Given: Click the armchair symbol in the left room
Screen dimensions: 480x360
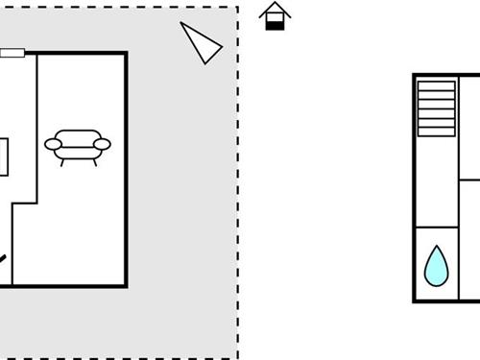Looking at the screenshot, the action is (x=78, y=145).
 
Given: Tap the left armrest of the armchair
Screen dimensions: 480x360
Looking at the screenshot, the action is (x=53, y=145).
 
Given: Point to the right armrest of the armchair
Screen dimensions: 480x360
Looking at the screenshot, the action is (x=102, y=145).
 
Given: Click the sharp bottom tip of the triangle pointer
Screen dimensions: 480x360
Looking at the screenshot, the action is (x=206, y=62).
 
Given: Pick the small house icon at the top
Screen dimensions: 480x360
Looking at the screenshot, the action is (x=276, y=16).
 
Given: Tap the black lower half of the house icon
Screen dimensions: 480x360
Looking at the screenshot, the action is (x=276, y=24).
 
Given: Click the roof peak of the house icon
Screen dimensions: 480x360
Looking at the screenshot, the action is (x=276, y=4).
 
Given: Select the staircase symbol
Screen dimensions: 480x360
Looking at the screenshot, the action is (x=437, y=108).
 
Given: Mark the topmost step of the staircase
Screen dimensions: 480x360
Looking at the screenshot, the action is (x=437, y=84).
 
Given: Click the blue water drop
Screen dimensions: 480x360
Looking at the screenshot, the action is (x=437, y=266).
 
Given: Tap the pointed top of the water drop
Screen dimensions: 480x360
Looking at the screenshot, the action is (x=437, y=247).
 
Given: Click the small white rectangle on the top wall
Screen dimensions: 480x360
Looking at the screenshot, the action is (x=12, y=53).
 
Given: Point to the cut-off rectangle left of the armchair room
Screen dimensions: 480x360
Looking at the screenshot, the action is (x=4, y=156).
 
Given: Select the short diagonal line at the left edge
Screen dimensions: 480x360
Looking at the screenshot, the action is (x=3, y=258).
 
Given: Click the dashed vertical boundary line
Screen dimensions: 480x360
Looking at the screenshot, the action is (x=237, y=192).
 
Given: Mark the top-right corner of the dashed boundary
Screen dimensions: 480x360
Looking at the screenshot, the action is (x=237, y=8).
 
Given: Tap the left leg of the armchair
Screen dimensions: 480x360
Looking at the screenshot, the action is (x=63, y=161).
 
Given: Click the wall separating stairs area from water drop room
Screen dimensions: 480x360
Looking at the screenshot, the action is (x=437, y=228).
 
